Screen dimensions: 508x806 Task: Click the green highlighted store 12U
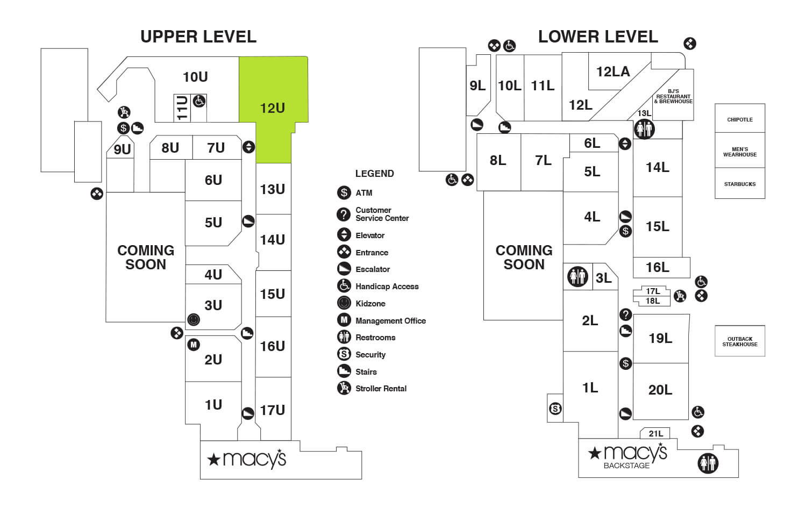pos(273,108)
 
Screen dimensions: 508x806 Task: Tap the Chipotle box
pos(739,119)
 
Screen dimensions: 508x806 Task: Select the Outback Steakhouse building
pos(739,341)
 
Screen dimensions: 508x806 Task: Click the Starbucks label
pos(739,184)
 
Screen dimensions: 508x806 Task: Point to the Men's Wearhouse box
pos(739,152)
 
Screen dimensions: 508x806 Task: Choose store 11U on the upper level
pos(182,108)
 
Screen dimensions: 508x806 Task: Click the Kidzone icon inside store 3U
pos(194,320)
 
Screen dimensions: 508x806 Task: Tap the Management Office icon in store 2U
pos(194,345)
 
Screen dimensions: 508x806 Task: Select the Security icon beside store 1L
pos(555,409)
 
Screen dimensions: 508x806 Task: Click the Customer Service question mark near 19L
pos(625,314)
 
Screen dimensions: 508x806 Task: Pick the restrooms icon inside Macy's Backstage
pos(708,463)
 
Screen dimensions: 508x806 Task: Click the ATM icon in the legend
pos(344,192)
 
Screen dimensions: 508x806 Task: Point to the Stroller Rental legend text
pos(381,389)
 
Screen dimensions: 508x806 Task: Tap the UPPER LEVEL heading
pos(198,37)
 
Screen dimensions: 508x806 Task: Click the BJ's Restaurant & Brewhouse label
pos(673,96)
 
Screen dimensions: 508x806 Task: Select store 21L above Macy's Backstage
pos(655,433)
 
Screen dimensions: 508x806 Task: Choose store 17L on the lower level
pos(653,291)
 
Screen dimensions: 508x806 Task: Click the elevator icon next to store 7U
pos(248,147)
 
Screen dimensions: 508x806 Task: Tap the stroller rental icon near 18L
pos(680,295)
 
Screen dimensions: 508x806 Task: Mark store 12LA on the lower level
pos(612,71)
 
